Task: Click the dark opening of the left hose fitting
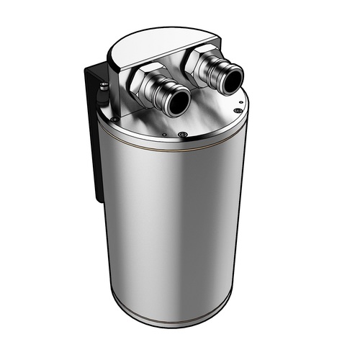(x=177, y=103)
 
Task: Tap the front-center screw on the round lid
(x=181, y=135)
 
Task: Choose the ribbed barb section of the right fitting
(x=218, y=75)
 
